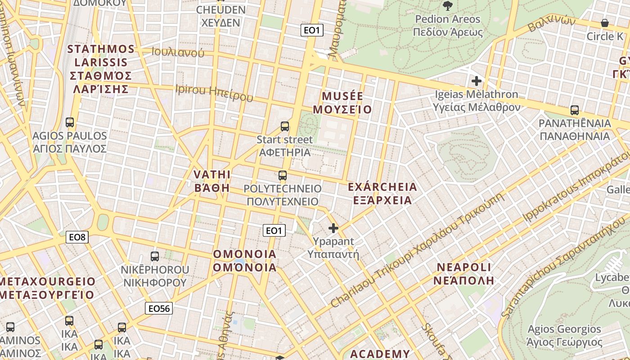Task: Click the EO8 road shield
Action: (77, 237)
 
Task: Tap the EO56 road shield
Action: (159, 308)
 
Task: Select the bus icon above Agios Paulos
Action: (70, 122)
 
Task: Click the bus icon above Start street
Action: (285, 126)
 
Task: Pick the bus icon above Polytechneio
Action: (283, 175)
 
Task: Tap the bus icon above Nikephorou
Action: (155, 256)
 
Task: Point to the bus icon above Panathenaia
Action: (574, 110)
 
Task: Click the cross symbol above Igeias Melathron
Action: (476, 81)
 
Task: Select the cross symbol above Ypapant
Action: (333, 229)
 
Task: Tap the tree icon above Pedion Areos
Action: (447, 6)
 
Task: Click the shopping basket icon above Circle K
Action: (605, 23)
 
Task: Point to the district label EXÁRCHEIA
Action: (382, 187)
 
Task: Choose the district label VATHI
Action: (212, 175)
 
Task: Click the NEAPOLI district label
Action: (464, 267)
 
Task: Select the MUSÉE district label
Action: (342, 96)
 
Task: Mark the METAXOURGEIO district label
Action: (48, 282)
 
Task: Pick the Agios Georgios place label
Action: (564, 329)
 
